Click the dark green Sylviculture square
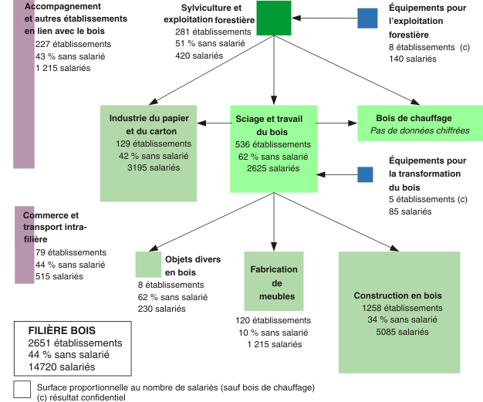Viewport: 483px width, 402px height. pos(273,19)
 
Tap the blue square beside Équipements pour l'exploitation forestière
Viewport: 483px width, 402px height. pos(368,18)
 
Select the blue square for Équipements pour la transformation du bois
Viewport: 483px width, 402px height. pos(365,174)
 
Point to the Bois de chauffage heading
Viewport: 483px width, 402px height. pos(414,118)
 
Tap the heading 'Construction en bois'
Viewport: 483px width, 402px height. pos(397,296)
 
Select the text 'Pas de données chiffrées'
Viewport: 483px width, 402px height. pos(420,130)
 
